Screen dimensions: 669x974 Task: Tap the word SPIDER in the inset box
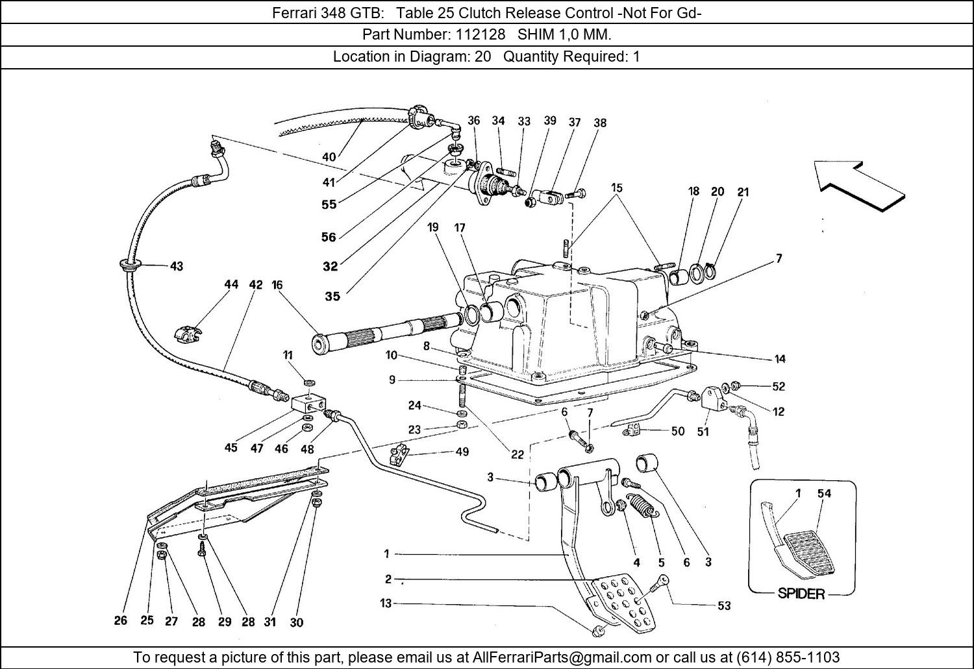coord(801,593)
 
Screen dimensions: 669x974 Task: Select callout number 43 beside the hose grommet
coord(177,266)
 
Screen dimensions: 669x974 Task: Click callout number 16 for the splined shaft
coord(277,285)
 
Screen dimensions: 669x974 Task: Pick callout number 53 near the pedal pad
coord(724,605)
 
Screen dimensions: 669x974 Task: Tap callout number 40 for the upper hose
coord(329,156)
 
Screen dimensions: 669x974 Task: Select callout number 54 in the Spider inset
coord(824,493)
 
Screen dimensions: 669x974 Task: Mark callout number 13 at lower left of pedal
coord(386,603)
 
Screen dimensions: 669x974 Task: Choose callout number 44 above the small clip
coord(231,284)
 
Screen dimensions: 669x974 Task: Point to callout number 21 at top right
coord(743,191)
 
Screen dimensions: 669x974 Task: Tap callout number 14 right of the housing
coord(780,358)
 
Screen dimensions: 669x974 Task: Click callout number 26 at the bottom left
coord(121,620)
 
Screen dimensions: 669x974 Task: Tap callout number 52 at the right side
coord(779,386)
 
